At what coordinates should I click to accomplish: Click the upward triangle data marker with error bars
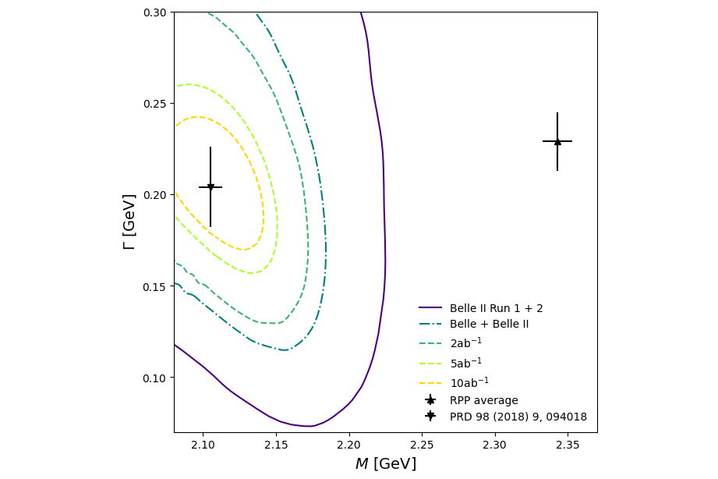click(x=557, y=141)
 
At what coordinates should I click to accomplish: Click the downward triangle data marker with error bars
click(x=210, y=187)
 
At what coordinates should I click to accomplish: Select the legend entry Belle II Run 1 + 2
click(x=496, y=308)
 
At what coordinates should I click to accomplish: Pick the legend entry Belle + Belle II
click(x=489, y=324)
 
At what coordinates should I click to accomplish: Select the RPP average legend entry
click(x=483, y=400)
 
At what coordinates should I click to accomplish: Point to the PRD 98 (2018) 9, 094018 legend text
click(x=518, y=417)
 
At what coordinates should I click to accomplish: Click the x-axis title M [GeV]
click(x=385, y=464)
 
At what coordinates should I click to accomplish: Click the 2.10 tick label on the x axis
click(x=203, y=445)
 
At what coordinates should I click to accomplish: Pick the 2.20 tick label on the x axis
click(x=349, y=445)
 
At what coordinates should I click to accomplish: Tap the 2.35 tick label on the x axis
click(x=568, y=445)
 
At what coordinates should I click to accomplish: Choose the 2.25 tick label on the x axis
click(x=422, y=445)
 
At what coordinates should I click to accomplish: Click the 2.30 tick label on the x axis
click(x=495, y=445)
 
